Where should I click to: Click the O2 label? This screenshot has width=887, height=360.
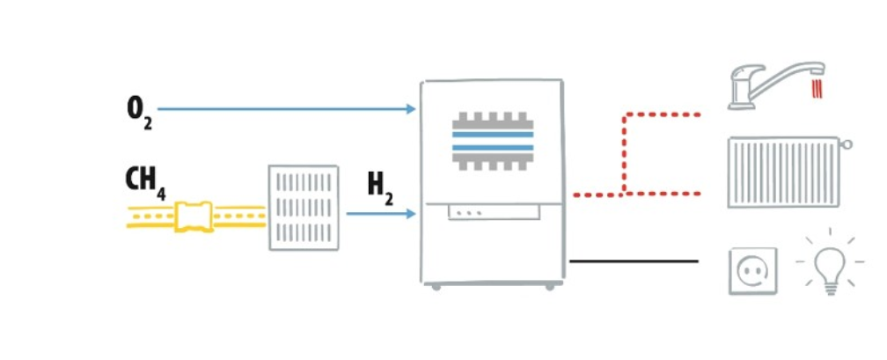(x=139, y=112)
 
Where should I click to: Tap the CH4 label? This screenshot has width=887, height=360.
(x=145, y=180)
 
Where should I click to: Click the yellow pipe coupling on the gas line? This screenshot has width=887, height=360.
(x=194, y=217)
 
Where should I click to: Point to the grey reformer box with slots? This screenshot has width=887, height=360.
(x=303, y=208)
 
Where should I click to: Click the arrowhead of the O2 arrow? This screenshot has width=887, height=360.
(x=411, y=109)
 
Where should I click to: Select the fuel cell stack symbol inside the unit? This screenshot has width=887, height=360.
(x=493, y=141)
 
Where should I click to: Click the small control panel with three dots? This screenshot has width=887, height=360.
(x=492, y=213)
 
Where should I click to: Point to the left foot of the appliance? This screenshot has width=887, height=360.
(x=435, y=286)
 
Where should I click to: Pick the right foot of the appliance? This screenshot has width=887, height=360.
(x=550, y=286)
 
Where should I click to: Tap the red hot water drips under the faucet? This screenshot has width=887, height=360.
(x=818, y=89)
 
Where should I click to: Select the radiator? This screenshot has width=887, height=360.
(x=782, y=173)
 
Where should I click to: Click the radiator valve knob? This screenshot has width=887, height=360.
(x=847, y=143)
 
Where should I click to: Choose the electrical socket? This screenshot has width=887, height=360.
(x=752, y=270)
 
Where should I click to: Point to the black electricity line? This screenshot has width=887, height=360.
(x=634, y=261)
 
